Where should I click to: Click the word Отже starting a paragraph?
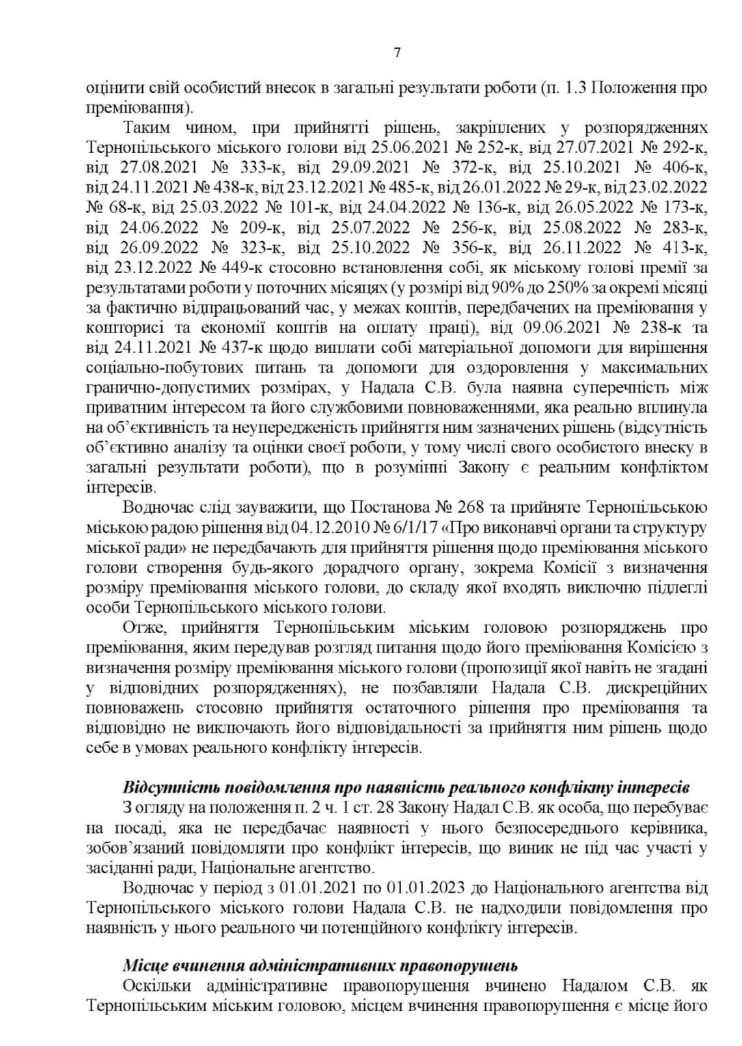[142, 627]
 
